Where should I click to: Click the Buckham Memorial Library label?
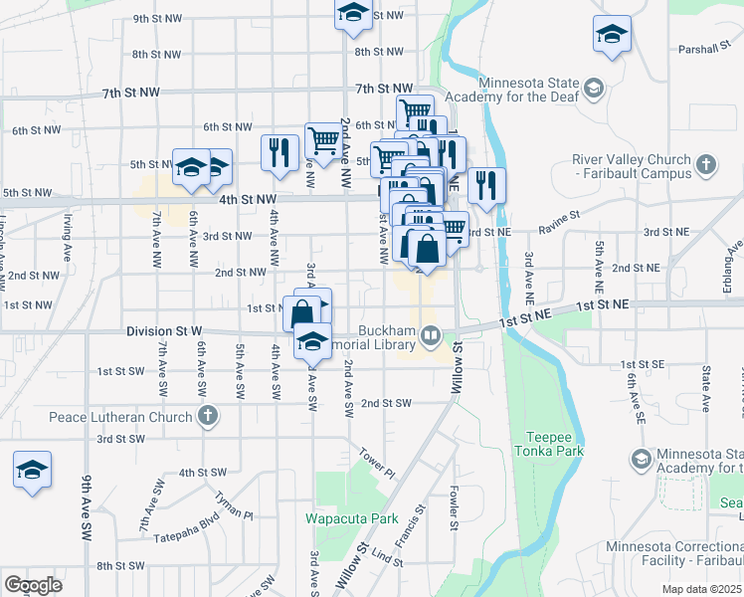point(387,337)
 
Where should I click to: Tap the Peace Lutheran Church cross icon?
point(207,414)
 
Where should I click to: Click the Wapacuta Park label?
point(351,518)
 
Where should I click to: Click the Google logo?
point(34,585)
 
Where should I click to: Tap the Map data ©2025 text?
point(700,589)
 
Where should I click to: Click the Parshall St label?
point(705,49)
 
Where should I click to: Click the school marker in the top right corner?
point(612,36)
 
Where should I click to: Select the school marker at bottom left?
point(32,471)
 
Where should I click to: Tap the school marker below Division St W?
point(313,341)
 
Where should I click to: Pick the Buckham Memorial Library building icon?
point(432,335)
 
